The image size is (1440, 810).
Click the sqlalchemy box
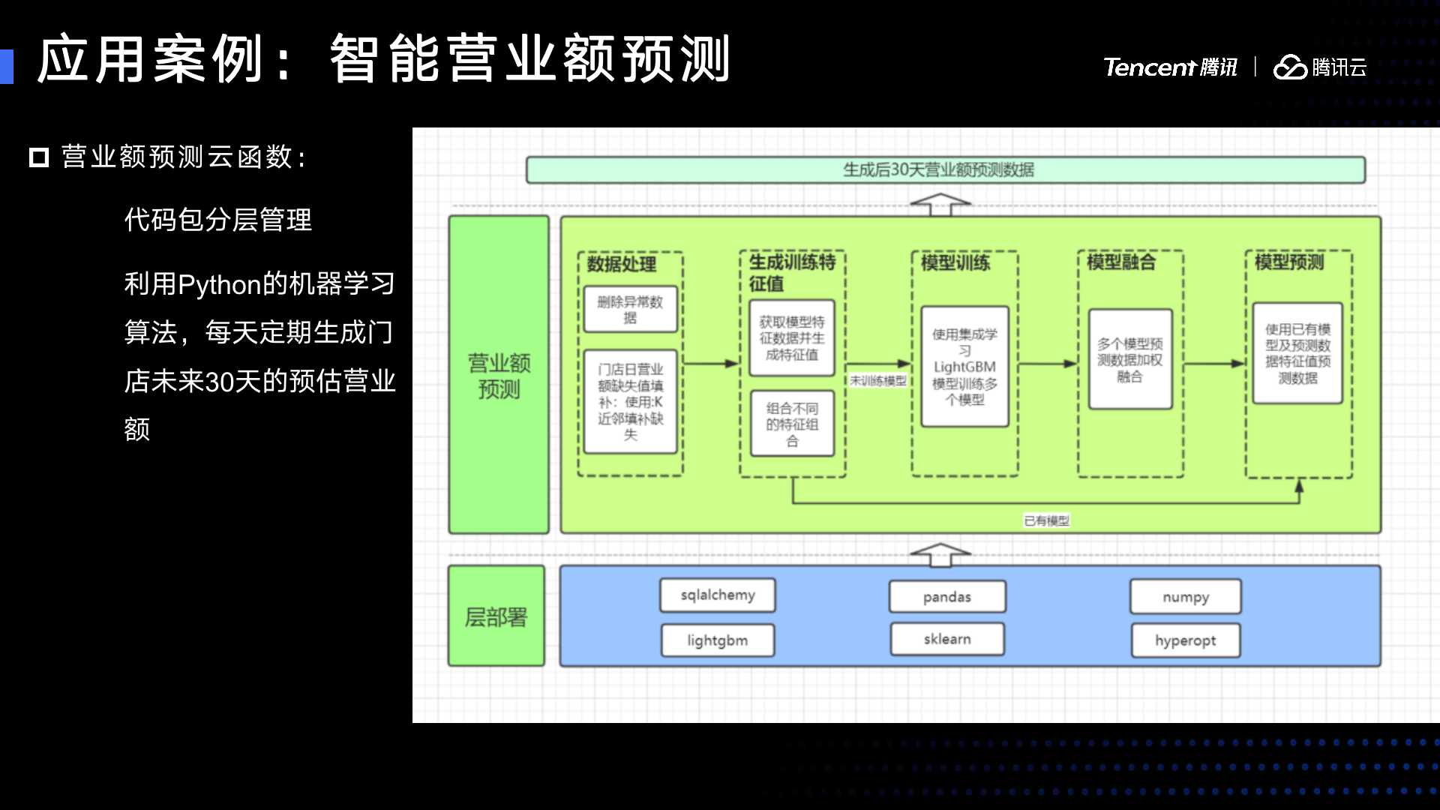tap(718, 595)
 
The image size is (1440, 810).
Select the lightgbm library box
tap(718, 640)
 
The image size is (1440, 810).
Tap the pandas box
tap(947, 597)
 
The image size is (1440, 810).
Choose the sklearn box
tap(947, 639)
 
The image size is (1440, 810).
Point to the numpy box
tap(1186, 597)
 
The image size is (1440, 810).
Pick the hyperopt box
tap(1186, 640)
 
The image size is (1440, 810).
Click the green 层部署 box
tap(496, 616)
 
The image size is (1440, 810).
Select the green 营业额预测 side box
tap(499, 375)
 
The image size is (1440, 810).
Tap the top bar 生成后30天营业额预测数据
tap(945, 169)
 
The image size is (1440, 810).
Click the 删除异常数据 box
tap(630, 309)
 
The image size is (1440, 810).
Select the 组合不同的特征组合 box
tap(792, 424)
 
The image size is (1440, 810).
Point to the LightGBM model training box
tap(964, 367)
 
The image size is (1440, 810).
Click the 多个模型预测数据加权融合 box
tap(1130, 359)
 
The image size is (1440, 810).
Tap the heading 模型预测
tap(1289, 262)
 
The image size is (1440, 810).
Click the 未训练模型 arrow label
tap(878, 381)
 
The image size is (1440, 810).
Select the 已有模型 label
tap(1047, 520)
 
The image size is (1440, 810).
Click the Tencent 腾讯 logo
tap(1170, 67)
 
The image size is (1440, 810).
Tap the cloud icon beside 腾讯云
tap(1290, 67)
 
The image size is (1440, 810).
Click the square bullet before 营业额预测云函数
tap(39, 157)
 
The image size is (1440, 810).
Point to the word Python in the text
tap(219, 285)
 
